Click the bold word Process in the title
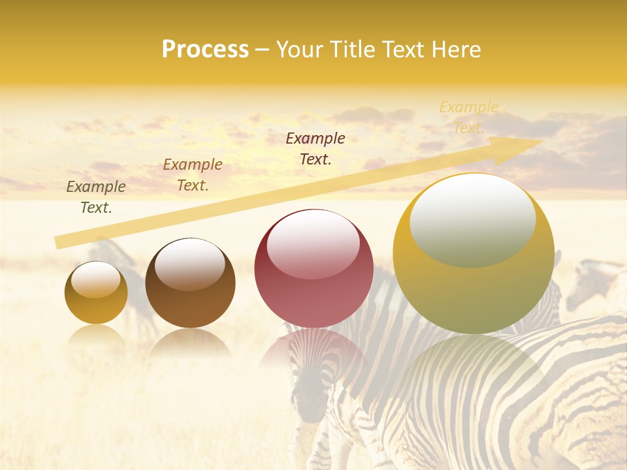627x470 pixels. (205, 50)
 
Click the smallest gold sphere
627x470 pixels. (96, 293)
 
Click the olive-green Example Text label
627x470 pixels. (96, 197)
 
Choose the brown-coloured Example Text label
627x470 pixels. (193, 175)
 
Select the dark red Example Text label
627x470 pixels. (315, 148)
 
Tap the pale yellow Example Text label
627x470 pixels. (469, 117)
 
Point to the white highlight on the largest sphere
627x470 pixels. (472, 219)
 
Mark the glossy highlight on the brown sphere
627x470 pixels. (190, 263)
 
